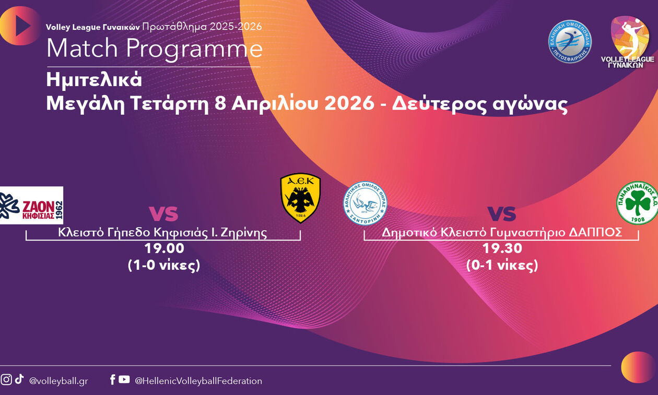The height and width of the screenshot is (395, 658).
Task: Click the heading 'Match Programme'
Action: click(x=154, y=49)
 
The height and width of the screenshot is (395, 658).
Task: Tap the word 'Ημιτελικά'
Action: click(x=94, y=80)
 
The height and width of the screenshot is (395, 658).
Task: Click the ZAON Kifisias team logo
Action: click(x=31, y=205)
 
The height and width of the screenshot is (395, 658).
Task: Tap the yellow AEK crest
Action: click(x=300, y=198)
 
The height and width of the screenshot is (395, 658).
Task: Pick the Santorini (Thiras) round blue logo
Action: click(x=365, y=203)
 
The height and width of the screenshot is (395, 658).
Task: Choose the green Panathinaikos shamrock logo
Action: click(x=637, y=203)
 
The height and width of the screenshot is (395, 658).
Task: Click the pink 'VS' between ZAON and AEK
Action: click(x=163, y=213)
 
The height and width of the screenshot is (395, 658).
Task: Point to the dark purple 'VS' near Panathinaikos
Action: click(x=501, y=213)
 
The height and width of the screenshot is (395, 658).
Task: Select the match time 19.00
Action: click(x=164, y=248)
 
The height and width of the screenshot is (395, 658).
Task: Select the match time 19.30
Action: click(x=502, y=248)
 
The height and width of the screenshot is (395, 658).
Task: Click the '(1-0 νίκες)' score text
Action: click(x=164, y=265)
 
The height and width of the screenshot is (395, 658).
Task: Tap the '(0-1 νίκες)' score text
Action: click(x=502, y=265)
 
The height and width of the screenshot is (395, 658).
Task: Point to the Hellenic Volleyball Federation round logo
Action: click(x=570, y=42)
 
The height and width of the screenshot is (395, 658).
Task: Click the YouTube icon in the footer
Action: click(x=124, y=379)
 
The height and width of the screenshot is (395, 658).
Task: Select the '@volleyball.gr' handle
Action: click(x=58, y=381)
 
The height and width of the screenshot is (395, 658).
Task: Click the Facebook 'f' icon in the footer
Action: click(x=112, y=379)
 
